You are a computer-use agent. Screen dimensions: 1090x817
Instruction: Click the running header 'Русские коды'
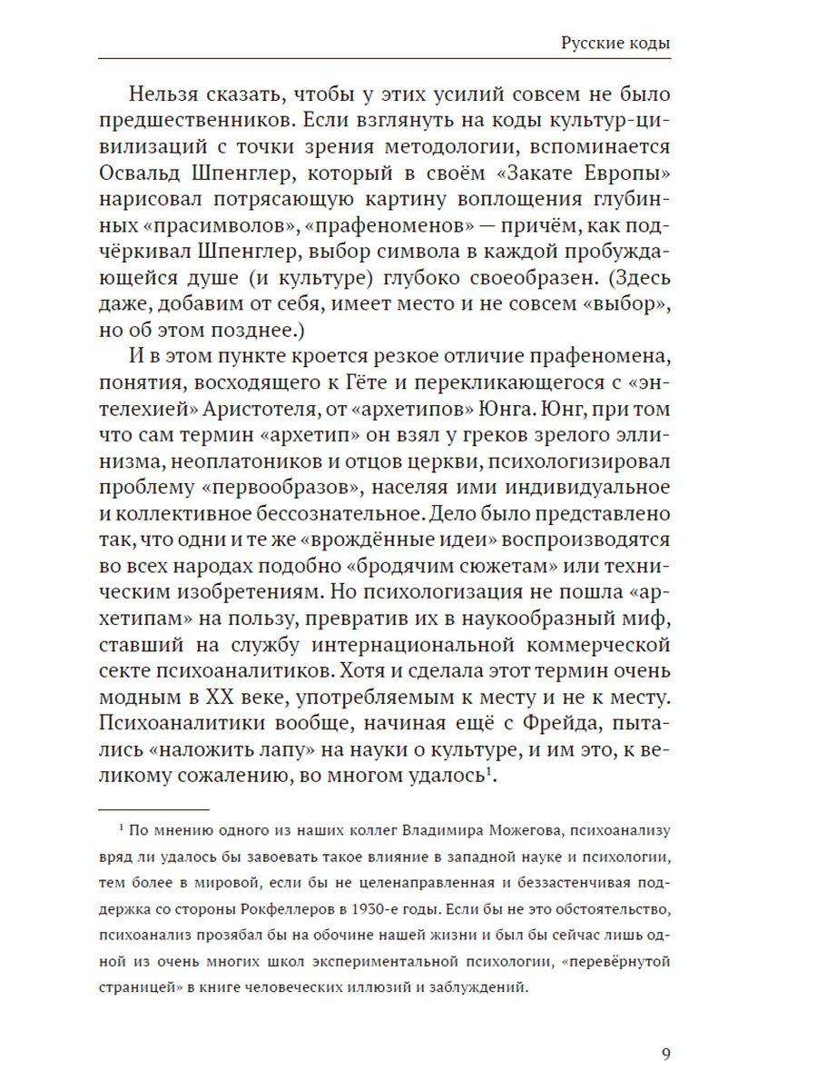coord(615,43)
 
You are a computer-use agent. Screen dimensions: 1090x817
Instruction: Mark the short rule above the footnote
coord(153,807)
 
